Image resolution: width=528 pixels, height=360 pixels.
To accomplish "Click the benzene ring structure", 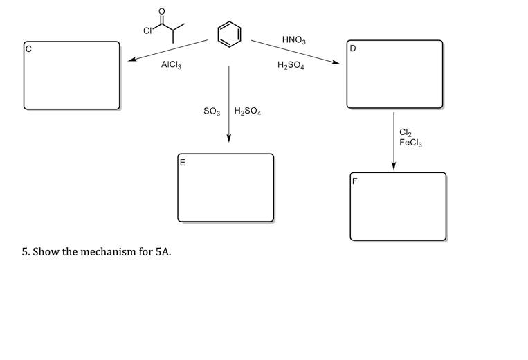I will pyautogui.click(x=230, y=33).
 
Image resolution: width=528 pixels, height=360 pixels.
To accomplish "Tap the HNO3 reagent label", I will pyautogui.click(x=293, y=40).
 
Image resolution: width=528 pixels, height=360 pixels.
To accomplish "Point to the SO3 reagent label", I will pyautogui.click(x=212, y=111).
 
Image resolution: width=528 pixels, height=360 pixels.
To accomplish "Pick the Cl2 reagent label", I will pyautogui.click(x=406, y=133).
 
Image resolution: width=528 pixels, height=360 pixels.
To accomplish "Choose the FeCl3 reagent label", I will pyautogui.click(x=410, y=143).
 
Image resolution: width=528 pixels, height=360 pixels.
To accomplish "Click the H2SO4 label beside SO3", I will pyautogui.click(x=247, y=111).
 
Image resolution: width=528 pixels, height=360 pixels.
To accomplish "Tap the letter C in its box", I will pyautogui.click(x=29, y=48).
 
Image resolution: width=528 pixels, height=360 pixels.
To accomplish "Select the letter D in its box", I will pyautogui.click(x=353, y=48).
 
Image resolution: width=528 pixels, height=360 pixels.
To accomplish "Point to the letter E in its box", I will pyautogui.click(x=183, y=163).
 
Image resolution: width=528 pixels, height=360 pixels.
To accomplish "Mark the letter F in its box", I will pyautogui.click(x=355, y=181).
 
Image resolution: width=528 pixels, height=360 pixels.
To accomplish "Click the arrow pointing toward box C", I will pyautogui.click(x=167, y=50).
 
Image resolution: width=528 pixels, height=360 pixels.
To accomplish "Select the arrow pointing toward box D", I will pyautogui.click(x=295, y=52).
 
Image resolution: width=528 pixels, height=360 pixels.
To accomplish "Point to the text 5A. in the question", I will pyautogui.click(x=163, y=251).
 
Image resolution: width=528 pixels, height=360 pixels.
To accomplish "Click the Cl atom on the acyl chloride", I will pyautogui.click(x=147, y=30).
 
